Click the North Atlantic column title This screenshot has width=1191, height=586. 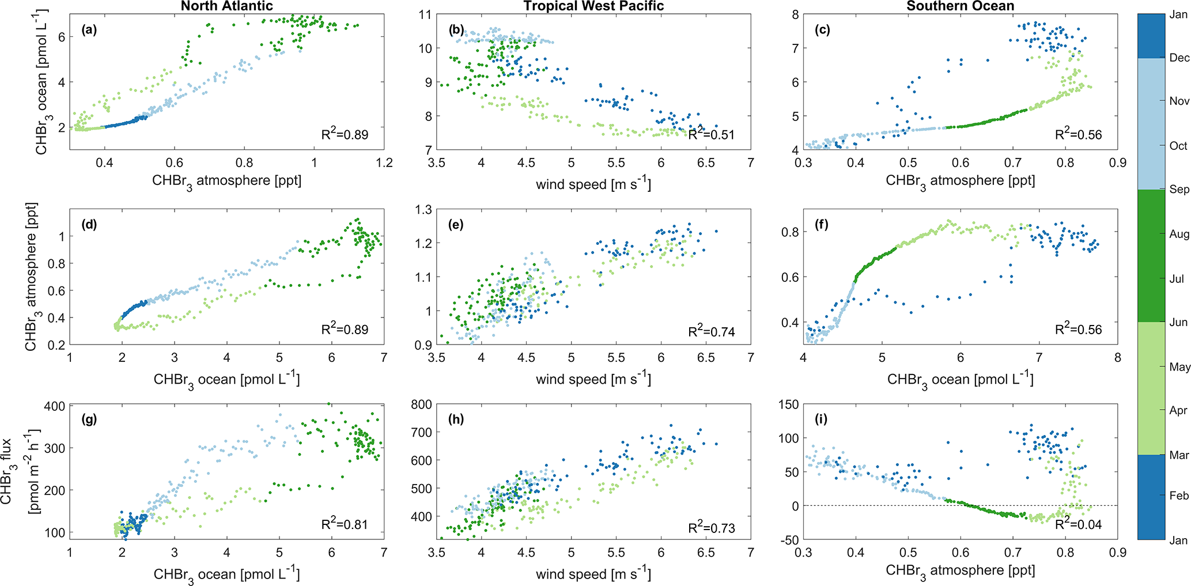(x=226, y=6)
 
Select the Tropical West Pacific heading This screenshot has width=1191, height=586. (x=593, y=6)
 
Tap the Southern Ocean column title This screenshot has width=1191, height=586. (x=960, y=6)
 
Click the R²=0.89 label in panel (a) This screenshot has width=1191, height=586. (x=345, y=134)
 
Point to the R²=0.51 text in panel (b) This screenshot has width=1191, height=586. (x=712, y=134)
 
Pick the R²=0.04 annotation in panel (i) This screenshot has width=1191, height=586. (x=1078, y=524)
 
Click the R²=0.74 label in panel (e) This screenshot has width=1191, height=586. (x=712, y=331)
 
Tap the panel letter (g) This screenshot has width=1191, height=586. (x=89, y=419)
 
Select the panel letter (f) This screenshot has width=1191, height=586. (x=822, y=224)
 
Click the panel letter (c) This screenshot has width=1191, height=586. (x=822, y=30)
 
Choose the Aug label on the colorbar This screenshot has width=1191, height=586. (x=1179, y=234)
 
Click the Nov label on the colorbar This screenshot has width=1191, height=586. (x=1179, y=101)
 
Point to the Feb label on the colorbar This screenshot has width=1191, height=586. (x=1179, y=496)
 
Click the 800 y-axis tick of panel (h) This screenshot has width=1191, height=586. (x=421, y=404)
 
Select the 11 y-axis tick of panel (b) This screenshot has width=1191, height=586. (x=425, y=15)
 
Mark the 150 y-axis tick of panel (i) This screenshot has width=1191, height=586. (x=788, y=404)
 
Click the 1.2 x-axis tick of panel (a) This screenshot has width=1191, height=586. (x=384, y=163)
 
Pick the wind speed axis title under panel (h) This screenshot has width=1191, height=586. (x=593, y=574)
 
